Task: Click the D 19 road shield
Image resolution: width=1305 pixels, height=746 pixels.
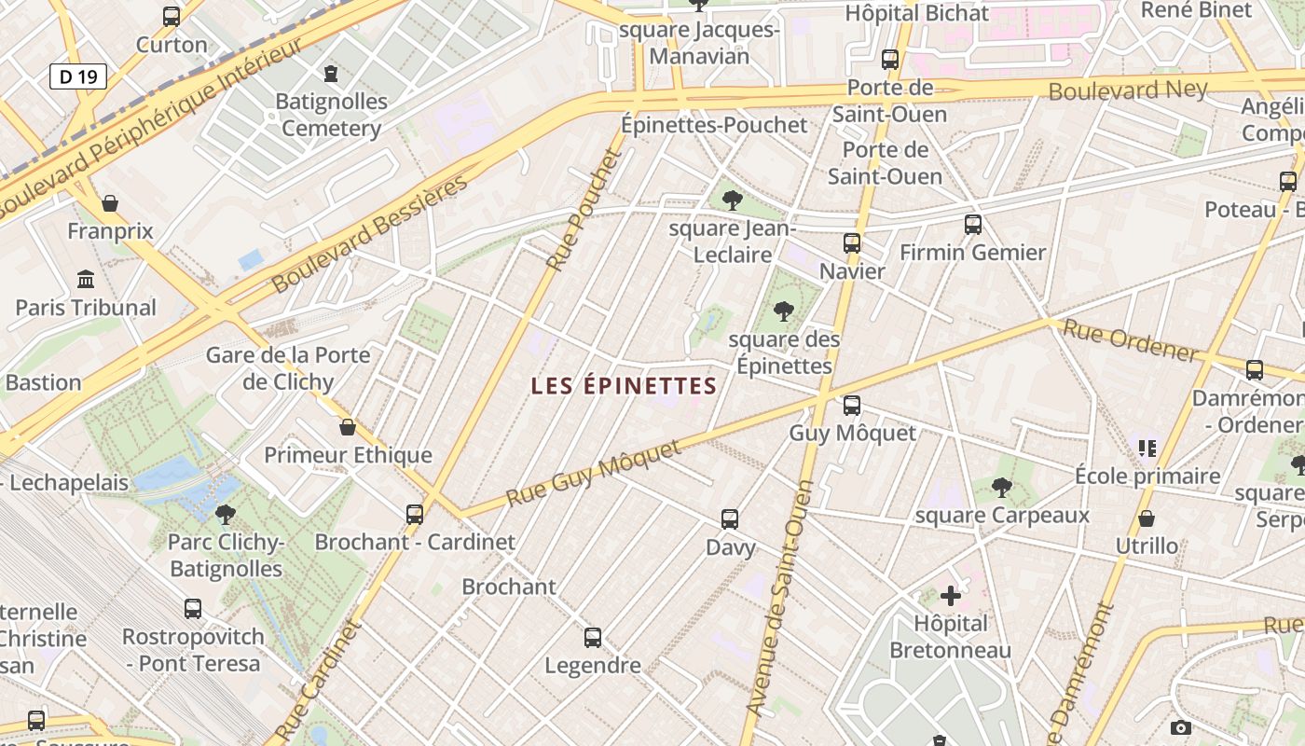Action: coord(78,76)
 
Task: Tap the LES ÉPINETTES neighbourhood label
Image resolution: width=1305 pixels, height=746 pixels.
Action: coord(624,386)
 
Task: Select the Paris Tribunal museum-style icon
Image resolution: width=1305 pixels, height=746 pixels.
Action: coord(86,279)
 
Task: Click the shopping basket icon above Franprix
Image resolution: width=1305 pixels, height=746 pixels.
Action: coord(110,203)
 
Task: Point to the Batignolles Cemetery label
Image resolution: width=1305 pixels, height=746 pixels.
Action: coord(332,115)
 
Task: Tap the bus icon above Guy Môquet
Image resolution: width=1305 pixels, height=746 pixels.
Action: coord(852,406)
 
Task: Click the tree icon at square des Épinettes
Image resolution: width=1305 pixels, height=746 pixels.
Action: coord(784,311)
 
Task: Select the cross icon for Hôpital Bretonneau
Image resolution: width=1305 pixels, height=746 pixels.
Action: coord(951,596)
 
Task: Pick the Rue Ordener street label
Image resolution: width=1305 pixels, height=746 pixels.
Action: coord(1130,340)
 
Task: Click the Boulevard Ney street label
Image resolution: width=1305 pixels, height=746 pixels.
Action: coord(1128,90)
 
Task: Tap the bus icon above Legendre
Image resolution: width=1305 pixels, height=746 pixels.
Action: coord(593,638)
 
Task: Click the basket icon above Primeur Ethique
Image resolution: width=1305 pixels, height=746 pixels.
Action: coord(348,427)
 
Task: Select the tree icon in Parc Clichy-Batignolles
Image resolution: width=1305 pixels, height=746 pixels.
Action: coord(225,514)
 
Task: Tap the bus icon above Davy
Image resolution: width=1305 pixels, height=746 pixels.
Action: coord(730,519)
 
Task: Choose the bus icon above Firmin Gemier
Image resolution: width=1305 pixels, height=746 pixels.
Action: coord(973,225)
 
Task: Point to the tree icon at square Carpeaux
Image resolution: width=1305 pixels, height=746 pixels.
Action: coord(1002,487)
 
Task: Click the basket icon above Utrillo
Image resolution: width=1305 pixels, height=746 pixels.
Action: coord(1147,518)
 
